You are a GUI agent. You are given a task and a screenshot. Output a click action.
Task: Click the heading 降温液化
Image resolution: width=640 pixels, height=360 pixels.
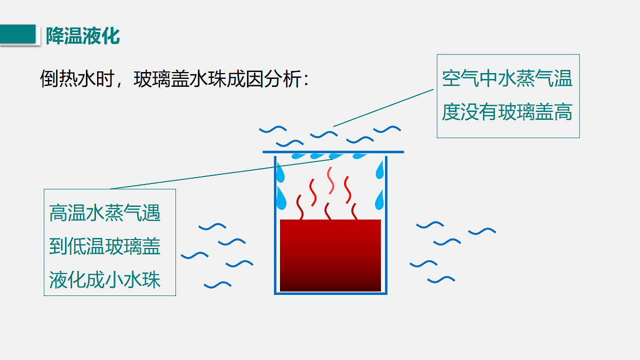click(83, 36)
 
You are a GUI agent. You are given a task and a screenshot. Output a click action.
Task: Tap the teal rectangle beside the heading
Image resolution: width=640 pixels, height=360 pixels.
click(18, 34)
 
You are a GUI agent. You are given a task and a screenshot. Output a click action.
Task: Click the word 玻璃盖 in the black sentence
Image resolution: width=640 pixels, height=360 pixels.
click(162, 79)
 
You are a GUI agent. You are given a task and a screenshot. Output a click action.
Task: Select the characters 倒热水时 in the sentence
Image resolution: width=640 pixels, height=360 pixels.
click(77, 79)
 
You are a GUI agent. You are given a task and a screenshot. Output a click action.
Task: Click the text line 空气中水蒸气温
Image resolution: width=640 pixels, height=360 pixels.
click(507, 78)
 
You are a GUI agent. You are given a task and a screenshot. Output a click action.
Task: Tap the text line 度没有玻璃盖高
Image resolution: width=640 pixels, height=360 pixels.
click(507, 112)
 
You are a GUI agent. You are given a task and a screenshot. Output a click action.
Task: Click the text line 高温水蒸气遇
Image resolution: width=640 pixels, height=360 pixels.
click(105, 213)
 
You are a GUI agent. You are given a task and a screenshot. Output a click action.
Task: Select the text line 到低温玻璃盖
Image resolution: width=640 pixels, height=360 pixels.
click(105, 246)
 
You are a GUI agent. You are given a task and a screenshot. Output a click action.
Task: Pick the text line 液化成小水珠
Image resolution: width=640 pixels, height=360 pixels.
click(105, 279)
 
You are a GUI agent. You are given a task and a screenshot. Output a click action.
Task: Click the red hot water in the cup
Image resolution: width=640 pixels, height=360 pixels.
click(330, 255)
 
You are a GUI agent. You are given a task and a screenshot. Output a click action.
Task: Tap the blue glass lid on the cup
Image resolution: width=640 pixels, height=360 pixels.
click(333, 152)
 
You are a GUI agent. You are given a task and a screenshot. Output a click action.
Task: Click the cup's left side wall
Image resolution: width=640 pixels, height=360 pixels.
click(275, 225)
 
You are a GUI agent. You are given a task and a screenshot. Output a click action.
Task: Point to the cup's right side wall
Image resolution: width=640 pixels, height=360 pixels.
click(386, 225)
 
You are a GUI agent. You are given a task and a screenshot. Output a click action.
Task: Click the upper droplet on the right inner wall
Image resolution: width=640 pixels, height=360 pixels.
click(380, 170)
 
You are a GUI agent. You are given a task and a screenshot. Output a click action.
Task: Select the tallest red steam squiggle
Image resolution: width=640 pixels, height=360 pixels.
click(331, 181)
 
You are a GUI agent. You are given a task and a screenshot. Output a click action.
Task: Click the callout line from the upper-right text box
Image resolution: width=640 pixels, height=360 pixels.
click(383, 108)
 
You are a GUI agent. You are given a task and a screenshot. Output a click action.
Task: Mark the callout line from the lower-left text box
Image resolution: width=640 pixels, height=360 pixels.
click(221, 174)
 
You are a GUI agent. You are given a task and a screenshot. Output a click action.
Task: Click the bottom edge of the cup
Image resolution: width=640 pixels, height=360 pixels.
click(331, 293)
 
